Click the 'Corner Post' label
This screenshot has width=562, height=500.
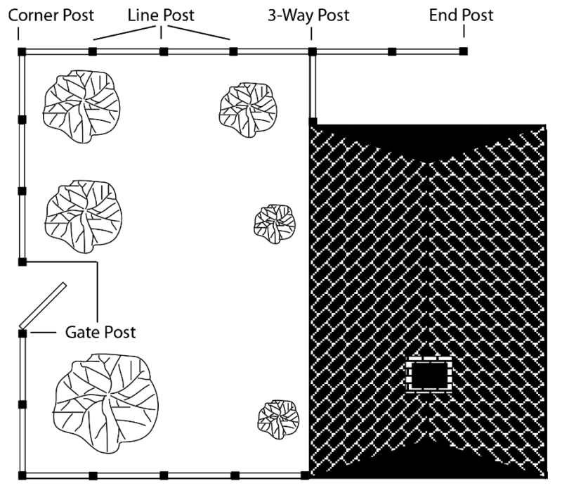[51, 15]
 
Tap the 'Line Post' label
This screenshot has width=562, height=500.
[161, 15]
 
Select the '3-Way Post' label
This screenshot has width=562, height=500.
[308, 15]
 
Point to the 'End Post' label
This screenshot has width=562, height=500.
[462, 15]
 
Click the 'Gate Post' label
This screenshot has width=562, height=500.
[100, 332]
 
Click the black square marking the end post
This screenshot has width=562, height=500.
[464, 51]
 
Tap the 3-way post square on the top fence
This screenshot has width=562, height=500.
[313, 51]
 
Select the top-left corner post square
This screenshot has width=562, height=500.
[22, 51]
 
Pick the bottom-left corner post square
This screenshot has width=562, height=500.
[22, 475]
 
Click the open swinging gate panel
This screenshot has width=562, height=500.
[43, 306]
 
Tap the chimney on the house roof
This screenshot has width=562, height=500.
[429, 375]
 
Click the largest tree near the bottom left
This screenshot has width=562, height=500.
[106, 403]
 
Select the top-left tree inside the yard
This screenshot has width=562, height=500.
[81, 106]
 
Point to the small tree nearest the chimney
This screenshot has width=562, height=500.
[278, 420]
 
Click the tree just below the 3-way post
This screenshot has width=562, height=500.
[248, 110]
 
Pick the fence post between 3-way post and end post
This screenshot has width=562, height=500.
[392, 51]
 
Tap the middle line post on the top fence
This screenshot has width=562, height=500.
[164, 51]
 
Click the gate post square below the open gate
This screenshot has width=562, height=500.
[22, 333]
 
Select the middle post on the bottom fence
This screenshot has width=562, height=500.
[164, 475]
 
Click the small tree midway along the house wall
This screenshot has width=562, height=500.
[275, 224]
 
